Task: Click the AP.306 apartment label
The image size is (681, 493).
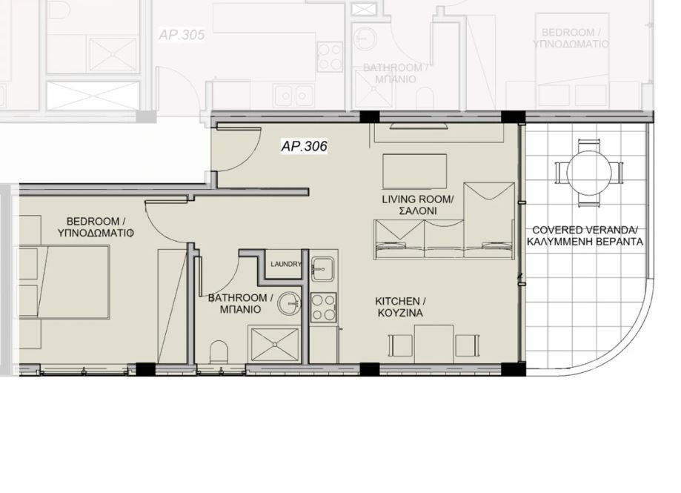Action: click(304, 146)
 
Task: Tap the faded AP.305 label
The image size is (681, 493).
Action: click(182, 35)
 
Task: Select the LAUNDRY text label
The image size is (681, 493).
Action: click(286, 264)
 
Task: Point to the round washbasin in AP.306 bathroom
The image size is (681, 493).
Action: click(291, 302)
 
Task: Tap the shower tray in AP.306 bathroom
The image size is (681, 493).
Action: click(273, 344)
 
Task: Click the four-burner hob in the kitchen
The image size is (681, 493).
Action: click(322, 307)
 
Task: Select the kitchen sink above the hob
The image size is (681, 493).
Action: click(324, 268)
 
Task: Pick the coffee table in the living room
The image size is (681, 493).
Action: click(414, 172)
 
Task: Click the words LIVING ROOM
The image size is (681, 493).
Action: click(418, 199)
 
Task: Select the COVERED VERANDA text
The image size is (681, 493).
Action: click(585, 230)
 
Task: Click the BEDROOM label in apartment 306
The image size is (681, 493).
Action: click(96, 221)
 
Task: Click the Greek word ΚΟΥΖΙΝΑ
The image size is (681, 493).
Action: click(399, 314)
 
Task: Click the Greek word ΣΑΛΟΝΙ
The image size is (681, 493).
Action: click(418, 211)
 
